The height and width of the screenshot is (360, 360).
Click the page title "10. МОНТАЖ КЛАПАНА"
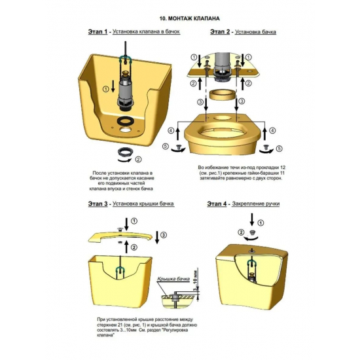(x=189, y=18)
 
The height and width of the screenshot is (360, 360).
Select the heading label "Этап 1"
(x=98, y=31)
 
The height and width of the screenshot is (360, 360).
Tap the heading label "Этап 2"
(x=220, y=31)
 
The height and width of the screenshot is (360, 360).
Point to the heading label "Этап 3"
(x=98, y=204)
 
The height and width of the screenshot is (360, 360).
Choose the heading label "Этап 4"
(x=217, y=204)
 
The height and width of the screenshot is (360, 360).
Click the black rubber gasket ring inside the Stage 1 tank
(x=124, y=121)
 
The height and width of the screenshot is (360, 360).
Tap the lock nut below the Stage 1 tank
(x=124, y=152)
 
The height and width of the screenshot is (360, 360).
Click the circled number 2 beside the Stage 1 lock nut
(x=138, y=159)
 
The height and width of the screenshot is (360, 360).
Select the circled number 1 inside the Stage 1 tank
(x=105, y=89)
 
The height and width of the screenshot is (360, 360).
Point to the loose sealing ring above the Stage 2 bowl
(x=222, y=94)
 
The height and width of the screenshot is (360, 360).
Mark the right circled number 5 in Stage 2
(x=279, y=149)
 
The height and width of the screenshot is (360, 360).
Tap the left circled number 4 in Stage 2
(x=171, y=131)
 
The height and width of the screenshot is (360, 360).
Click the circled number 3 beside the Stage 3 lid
(x=164, y=235)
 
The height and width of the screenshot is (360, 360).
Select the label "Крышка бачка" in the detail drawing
(x=173, y=279)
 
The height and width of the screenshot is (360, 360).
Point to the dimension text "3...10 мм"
(x=195, y=279)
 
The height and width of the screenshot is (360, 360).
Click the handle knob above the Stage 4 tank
(x=252, y=232)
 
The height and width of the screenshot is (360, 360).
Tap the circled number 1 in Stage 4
(x=261, y=223)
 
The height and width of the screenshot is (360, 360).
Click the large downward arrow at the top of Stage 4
(x=252, y=219)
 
